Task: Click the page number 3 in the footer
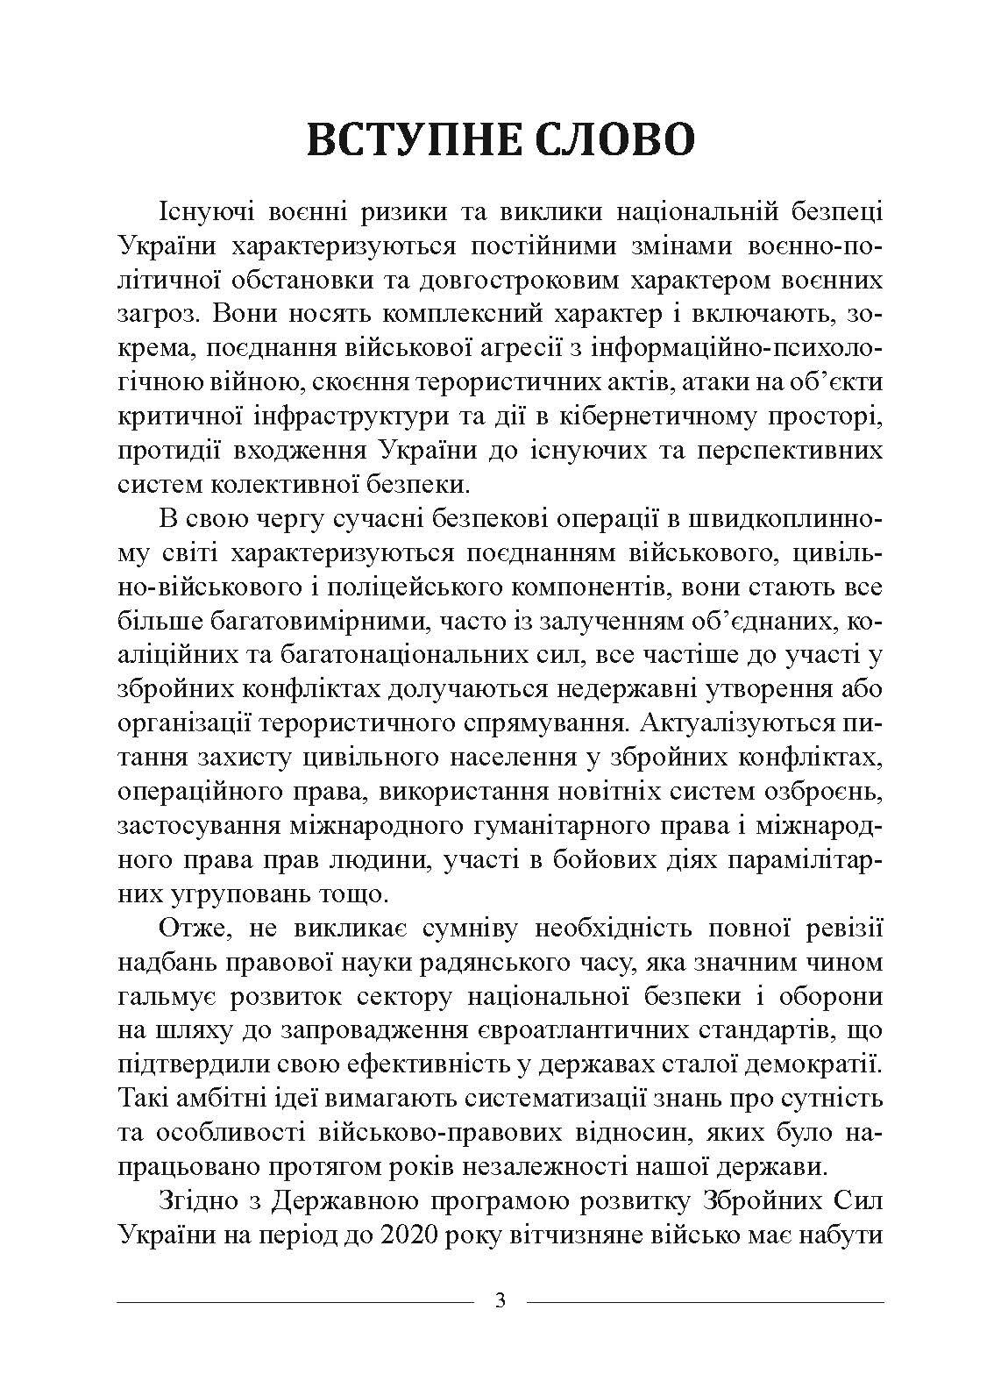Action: click(500, 1300)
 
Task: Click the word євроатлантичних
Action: click(585, 1031)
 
